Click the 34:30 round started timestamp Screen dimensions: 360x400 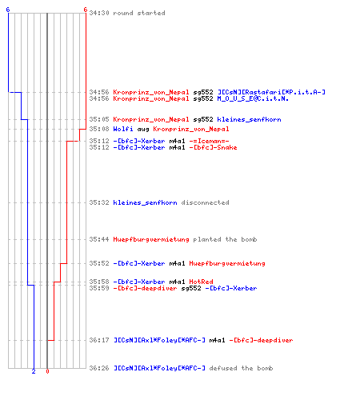click(x=99, y=13)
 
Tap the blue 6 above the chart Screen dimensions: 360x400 click(x=8, y=10)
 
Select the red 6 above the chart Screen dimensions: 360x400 click(x=85, y=10)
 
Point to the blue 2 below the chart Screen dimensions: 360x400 click(x=34, y=371)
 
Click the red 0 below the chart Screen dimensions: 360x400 click(x=47, y=371)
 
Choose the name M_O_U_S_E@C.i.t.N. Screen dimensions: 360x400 click(x=253, y=98)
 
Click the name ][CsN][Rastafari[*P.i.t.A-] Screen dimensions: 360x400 click(x=271, y=92)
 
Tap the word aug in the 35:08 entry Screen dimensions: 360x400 click(x=143, y=130)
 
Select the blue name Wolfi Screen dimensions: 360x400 click(x=123, y=129)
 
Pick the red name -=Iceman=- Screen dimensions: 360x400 click(x=209, y=141)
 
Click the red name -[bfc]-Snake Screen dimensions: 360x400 click(x=213, y=147)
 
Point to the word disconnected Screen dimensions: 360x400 click(x=205, y=202)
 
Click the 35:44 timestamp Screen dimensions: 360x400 click(x=99, y=239)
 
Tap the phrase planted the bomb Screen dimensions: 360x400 click(x=225, y=239)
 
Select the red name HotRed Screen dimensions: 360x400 click(x=201, y=282)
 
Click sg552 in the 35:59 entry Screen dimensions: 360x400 click(x=191, y=288)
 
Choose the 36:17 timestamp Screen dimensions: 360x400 click(x=99, y=340)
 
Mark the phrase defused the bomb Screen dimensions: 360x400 click(x=241, y=368)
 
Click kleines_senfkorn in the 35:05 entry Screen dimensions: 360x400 click(x=249, y=119)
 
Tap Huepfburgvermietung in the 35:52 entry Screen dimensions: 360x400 click(x=227, y=263)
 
